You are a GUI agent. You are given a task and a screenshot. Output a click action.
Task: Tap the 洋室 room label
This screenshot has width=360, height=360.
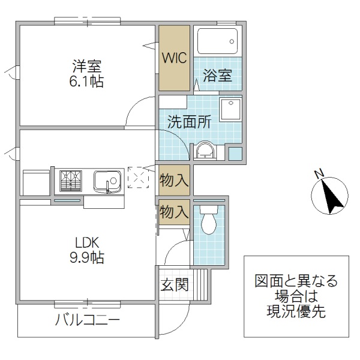coord(87,65)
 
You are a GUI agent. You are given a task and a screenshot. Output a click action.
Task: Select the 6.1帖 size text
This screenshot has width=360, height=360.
coord(88,81)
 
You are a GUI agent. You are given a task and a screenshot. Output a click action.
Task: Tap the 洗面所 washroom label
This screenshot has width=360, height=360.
coord(189,122)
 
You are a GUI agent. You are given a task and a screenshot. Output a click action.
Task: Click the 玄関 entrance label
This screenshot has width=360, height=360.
coord(175,284)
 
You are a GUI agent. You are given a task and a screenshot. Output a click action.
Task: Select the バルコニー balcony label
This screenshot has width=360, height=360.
coord(88,320)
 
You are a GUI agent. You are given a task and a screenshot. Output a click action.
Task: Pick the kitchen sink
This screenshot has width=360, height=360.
coord(108,180)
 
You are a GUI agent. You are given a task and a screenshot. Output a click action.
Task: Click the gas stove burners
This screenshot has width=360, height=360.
coord(71,180)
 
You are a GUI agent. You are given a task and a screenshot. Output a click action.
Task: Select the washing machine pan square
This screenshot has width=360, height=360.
coord(230,110)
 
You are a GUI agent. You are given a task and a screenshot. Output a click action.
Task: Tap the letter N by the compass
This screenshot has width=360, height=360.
coord(319,175)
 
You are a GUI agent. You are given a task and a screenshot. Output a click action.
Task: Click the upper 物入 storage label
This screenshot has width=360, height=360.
coord(175,179)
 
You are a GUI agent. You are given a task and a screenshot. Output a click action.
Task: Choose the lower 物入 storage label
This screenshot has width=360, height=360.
coord(175,212)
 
